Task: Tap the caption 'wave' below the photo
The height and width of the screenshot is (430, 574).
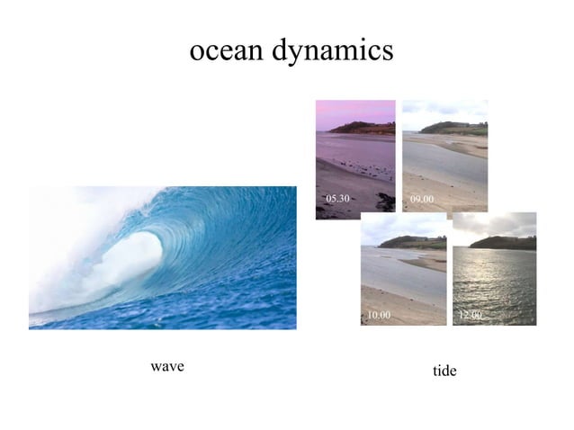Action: click(x=167, y=366)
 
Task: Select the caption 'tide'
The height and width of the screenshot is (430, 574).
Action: click(x=444, y=371)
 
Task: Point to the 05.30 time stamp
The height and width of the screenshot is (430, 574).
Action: click(x=336, y=197)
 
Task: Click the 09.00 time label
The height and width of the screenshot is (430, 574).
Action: click(x=421, y=197)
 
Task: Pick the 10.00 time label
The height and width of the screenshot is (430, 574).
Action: click(x=379, y=315)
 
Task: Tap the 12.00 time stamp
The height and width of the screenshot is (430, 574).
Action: click(x=470, y=315)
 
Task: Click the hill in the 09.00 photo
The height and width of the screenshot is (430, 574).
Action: click(x=454, y=127)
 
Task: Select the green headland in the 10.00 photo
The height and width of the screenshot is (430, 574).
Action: click(x=414, y=241)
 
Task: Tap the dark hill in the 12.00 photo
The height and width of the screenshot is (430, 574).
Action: click(x=504, y=242)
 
